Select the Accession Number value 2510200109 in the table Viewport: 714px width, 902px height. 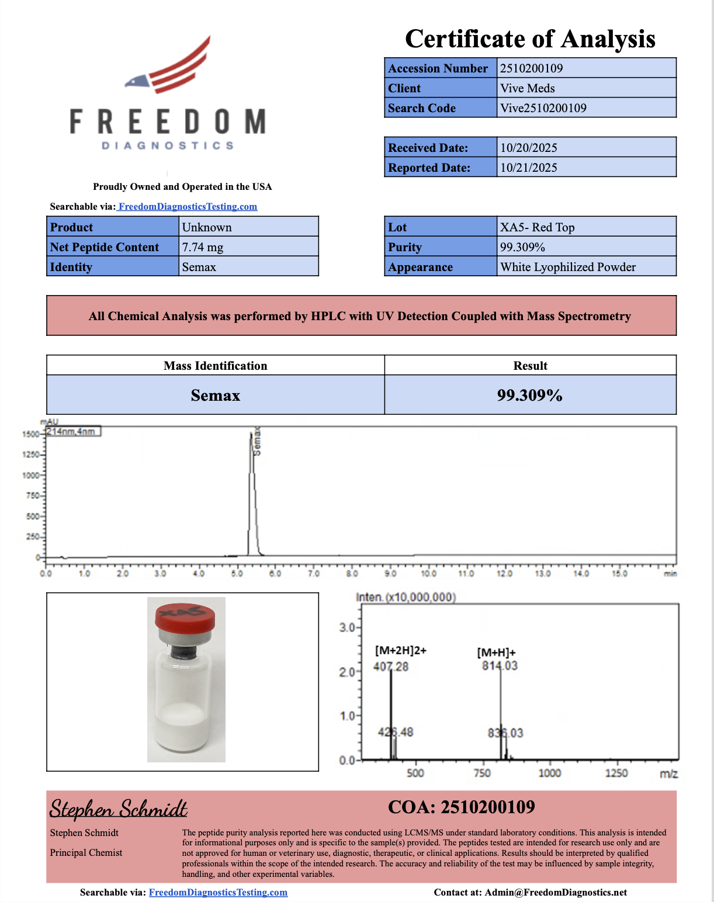click(x=531, y=68)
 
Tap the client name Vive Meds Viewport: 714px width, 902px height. click(x=527, y=88)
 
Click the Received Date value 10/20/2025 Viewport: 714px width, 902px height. click(x=528, y=148)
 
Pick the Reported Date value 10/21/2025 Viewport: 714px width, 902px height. click(x=528, y=168)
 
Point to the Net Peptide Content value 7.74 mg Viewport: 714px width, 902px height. click(x=202, y=247)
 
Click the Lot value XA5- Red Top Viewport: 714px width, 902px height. click(x=537, y=227)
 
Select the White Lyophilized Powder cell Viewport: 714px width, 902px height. click(x=567, y=267)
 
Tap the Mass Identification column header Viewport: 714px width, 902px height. click(x=215, y=366)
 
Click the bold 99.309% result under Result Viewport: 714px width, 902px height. click(x=529, y=396)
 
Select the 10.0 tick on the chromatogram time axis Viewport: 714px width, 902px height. click(x=428, y=573)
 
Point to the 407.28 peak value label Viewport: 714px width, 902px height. click(x=391, y=667)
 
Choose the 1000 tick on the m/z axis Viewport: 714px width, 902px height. click(x=549, y=773)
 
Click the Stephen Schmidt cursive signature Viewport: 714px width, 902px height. click(x=118, y=809)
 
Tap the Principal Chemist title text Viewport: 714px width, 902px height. click(x=86, y=853)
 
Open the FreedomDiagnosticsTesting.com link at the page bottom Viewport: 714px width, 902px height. click(x=218, y=892)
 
